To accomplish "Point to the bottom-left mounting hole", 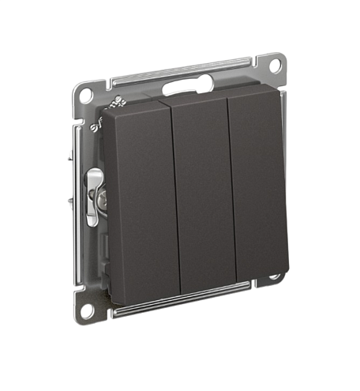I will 86,310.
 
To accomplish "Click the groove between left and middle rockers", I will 174,197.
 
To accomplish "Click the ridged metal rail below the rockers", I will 174,301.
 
